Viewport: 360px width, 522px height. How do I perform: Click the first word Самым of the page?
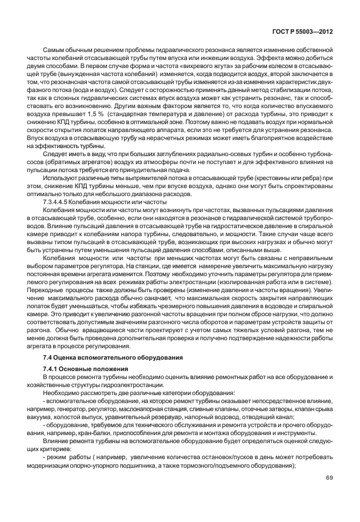(54, 50)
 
